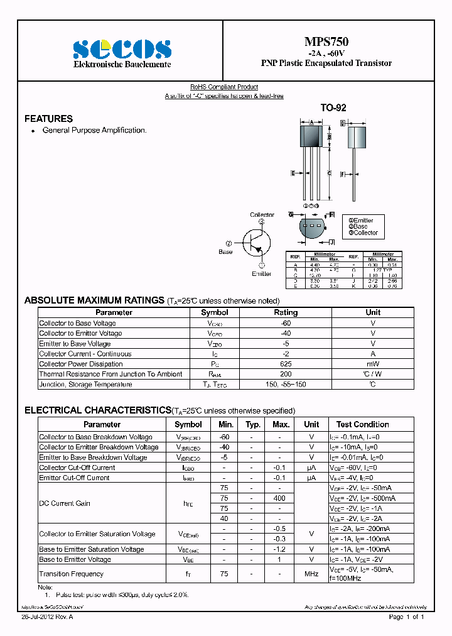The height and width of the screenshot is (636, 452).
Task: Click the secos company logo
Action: (122, 49)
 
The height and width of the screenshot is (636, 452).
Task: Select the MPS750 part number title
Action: (326, 42)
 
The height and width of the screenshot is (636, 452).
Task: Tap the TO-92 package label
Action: (333, 108)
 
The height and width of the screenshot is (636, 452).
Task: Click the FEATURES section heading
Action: (48, 119)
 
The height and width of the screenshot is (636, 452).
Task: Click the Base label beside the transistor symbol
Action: (225, 251)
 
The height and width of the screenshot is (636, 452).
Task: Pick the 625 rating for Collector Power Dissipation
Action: (286, 364)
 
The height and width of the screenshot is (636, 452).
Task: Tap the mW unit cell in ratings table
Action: (373, 364)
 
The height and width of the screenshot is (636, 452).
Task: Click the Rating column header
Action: (286, 312)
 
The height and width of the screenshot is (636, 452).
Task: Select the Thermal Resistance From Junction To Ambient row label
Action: (110, 374)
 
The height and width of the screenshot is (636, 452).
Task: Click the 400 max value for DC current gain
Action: (280, 498)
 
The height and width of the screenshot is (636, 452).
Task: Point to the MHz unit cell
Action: (311, 574)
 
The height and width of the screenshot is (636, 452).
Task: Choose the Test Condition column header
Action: (362, 424)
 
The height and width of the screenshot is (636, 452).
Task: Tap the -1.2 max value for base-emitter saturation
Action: (280, 549)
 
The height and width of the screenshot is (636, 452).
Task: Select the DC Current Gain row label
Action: (65, 503)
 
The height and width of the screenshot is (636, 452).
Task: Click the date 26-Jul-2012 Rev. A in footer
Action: (47, 617)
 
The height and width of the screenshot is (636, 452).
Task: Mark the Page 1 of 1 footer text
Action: (406, 617)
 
